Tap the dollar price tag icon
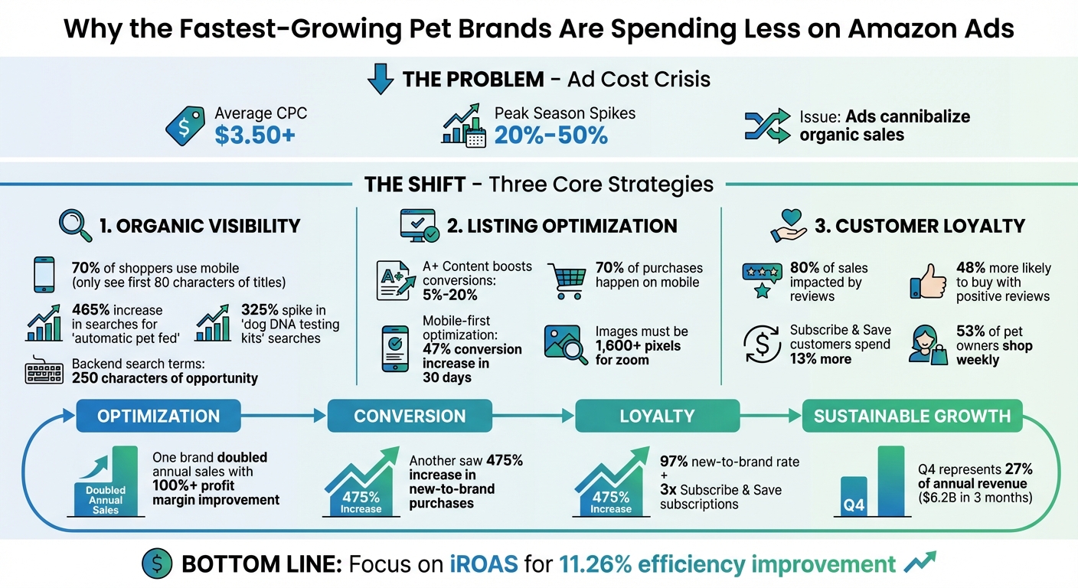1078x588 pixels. click(185, 126)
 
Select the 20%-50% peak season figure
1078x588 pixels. click(550, 135)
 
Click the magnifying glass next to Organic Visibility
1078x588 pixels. click(75, 225)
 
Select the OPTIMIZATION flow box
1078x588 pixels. click(158, 416)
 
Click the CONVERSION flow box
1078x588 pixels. click(410, 416)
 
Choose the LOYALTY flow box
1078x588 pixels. click(657, 416)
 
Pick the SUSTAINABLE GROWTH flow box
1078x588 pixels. click(912, 416)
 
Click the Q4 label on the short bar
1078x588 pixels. click(854, 505)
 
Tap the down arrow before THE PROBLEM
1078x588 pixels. click(379, 80)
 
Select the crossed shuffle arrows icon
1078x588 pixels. click(766, 126)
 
